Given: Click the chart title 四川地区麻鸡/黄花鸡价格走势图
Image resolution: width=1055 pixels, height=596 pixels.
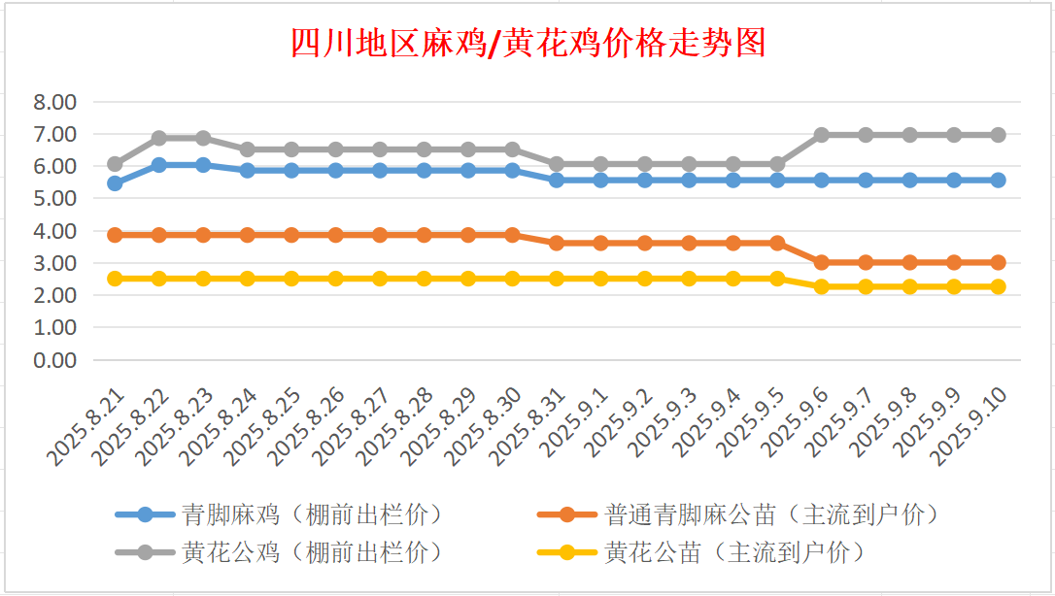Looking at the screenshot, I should pyautogui.click(x=528, y=43).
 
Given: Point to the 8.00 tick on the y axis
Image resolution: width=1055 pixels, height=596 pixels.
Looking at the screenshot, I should pyautogui.click(x=54, y=102).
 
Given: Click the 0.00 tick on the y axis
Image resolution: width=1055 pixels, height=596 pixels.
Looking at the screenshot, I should pyautogui.click(x=54, y=360).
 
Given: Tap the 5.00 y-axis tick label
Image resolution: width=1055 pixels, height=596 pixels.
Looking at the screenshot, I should pyautogui.click(x=54, y=198).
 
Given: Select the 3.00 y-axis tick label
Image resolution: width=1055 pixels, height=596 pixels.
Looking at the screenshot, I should pyautogui.click(x=54, y=263).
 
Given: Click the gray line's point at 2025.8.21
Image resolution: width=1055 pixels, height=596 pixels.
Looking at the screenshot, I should pyautogui.click(x=115, y=164).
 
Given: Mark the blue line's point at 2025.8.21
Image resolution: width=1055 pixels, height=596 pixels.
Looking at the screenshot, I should pyautogui.click(x=115, y=183).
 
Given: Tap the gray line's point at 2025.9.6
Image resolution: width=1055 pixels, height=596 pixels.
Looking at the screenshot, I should pyautogui.click(x=822, y=135).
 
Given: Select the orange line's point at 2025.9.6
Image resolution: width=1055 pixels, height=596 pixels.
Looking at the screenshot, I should pyautogui.click(x=822, y=262).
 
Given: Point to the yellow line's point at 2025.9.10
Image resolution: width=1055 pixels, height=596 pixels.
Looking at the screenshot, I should pyautogui.click(x=998, y=286).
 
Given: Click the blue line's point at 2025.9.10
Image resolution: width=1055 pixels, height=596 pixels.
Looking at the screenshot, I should pyautogui.click(x=998, y=180).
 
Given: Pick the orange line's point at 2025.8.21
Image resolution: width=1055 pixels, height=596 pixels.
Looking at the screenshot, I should pyautogui.click(x=115, y=235).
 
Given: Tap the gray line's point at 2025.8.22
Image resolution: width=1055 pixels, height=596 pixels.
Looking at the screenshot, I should pyautogui.click(x=159, y=138).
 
